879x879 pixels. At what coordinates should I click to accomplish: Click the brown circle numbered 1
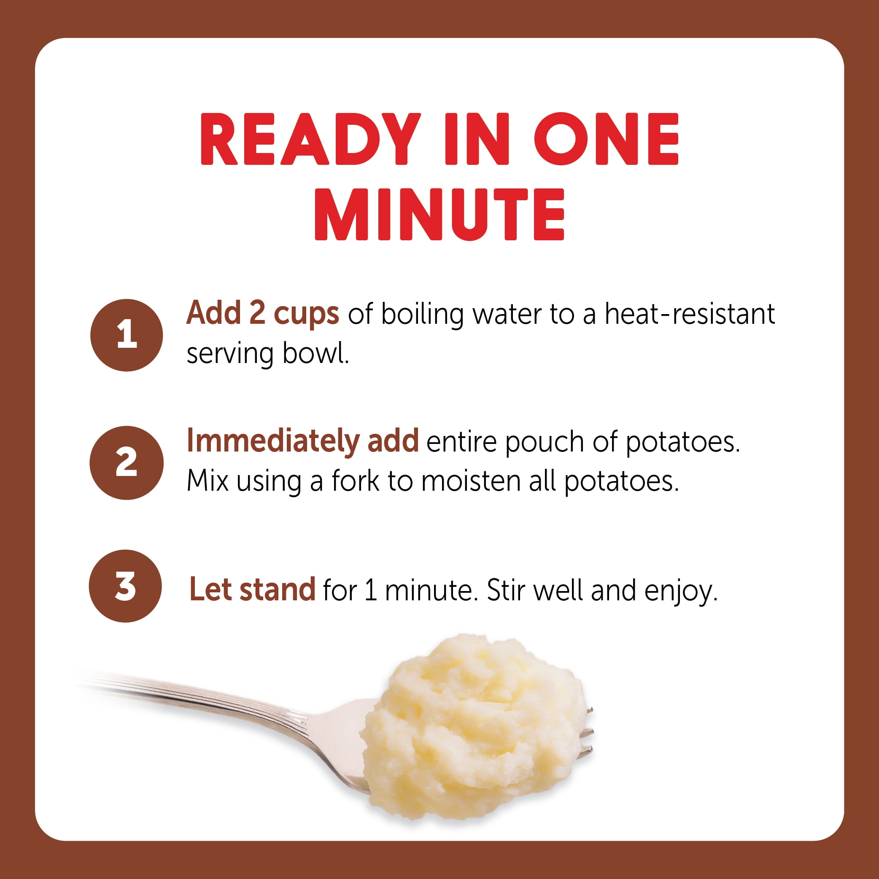127,335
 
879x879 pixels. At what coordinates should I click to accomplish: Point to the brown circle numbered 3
126,586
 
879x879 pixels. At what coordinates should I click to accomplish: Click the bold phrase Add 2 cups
263,314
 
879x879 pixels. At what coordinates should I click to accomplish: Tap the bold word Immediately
273,441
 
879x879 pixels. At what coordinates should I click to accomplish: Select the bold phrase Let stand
252,590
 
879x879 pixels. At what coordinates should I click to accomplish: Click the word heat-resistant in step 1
689,314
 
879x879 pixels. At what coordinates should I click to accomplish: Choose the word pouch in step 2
545,442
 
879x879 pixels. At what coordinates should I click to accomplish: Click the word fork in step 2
356,481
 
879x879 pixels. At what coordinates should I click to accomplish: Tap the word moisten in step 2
471,481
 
